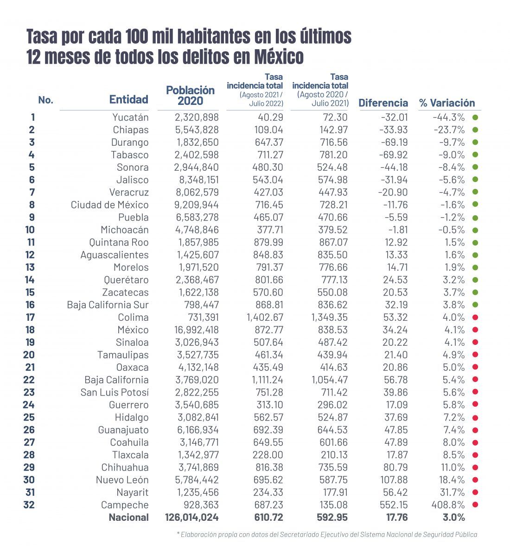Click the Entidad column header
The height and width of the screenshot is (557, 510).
click(129, 99)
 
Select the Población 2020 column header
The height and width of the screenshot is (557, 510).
click(191, 95)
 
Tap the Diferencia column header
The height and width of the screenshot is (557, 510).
click(383, 103)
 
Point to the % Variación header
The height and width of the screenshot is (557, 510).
click(447, 103)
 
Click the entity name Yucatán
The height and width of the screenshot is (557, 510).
click(130, 117)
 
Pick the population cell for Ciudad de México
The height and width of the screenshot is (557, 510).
click(197, 205)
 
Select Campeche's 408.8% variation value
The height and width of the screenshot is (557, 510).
click(448, 505)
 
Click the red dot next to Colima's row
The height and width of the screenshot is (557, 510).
click(475, 317)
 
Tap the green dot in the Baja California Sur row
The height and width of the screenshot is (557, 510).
click(475, 304)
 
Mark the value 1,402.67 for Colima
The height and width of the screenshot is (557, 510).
click(265, 317)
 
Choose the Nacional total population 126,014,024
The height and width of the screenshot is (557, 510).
click(192, 517)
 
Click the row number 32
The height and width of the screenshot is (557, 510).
click(29, 505)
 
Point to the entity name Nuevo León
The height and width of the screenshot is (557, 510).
click(122, 479)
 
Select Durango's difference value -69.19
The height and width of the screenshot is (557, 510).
click(394, 142)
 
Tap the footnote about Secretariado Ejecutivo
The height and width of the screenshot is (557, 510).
click(327, 535)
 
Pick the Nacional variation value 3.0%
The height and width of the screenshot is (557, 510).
click(454, 517)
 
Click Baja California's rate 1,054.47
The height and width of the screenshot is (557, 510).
click(329, 380)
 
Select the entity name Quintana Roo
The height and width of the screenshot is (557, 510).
click(119, 242)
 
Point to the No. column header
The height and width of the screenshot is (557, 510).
click(46, 100)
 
